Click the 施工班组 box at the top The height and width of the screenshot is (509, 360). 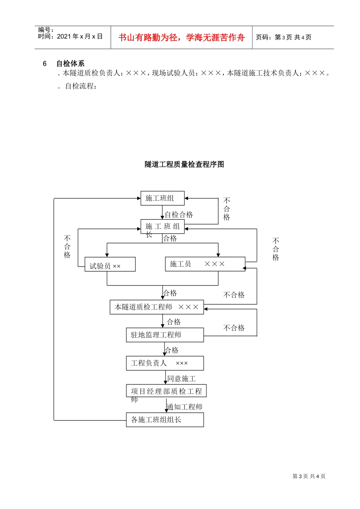click(x=162, y=198)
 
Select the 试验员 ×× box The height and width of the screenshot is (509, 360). click(x=110, y=264)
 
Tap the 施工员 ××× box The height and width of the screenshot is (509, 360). click(x=205, y=264)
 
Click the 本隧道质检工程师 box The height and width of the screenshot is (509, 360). click(x=157, y=307)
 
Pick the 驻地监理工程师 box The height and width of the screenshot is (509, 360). click(x=165, y=335)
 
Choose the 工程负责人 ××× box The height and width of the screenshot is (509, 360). click(x=165, y=363)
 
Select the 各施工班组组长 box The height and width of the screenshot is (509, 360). click(x=165, y=420)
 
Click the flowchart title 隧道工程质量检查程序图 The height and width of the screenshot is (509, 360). click(x=184, y=164)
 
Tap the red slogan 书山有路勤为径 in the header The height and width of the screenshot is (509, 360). click(x=182, y=37)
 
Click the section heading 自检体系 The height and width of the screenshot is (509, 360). click(x=70, y=64)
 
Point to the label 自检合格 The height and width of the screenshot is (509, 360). click(x=179, y=215)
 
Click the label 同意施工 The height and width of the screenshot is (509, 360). click(x=182, y=379)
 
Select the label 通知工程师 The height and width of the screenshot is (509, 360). click(x=185, y=407)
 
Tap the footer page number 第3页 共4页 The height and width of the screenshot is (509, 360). click(x=309, y=476)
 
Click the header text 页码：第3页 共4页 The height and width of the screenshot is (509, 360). click(x=283, y=37)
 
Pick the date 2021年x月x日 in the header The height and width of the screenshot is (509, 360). click(x=80, y=37)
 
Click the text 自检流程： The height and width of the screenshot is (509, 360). click(x=81, y=86)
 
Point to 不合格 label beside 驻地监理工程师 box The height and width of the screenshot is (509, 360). click(x=234, y=328)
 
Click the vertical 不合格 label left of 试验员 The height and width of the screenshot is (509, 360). click(x=67, y=247)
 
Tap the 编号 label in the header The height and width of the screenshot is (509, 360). click(x=45, y=30)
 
